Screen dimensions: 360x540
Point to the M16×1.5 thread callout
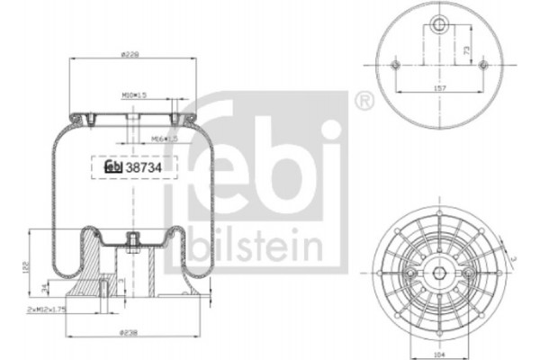tap(164, 139)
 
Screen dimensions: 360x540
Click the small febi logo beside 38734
tap(113, 166)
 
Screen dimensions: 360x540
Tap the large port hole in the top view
tap(440, 25)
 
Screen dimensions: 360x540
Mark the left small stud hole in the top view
tap(397, 66)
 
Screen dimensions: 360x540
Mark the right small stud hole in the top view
tap(483, 66)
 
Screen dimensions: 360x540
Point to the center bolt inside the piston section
tap(132, 241)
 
